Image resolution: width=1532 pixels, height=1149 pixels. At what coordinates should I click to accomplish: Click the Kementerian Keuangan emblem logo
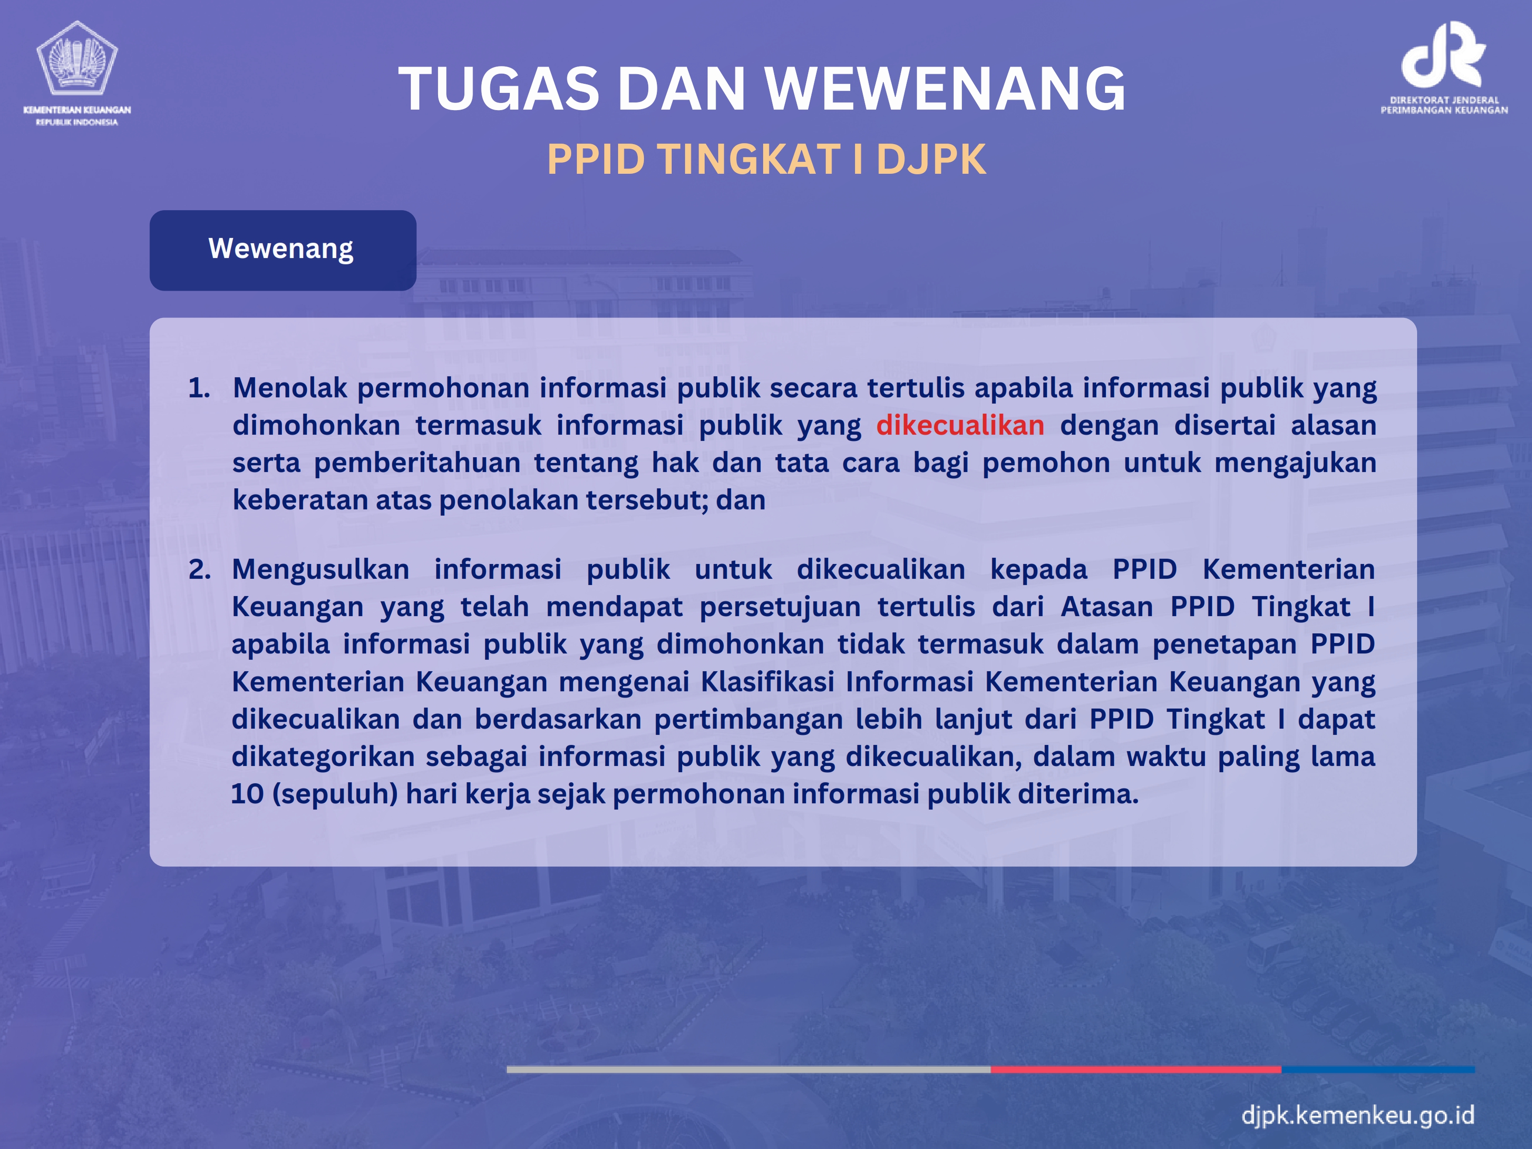(77, 58)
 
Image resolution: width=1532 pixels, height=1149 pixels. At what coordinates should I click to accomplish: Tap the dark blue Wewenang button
(282, 250)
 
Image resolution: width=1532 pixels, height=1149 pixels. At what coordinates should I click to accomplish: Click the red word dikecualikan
(960, 425)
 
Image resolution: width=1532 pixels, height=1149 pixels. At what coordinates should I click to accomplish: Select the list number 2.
(200, 569)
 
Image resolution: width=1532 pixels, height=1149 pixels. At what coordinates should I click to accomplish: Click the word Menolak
(290, 388)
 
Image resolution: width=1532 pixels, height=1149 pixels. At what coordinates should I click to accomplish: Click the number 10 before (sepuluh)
(247, 794)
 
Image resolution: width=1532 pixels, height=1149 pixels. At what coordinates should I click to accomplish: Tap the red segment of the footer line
(1136, 1070)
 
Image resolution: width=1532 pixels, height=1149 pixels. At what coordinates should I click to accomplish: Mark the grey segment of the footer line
(749, 1070)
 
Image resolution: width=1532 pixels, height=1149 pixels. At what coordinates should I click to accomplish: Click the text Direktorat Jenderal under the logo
(1444, 100)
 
